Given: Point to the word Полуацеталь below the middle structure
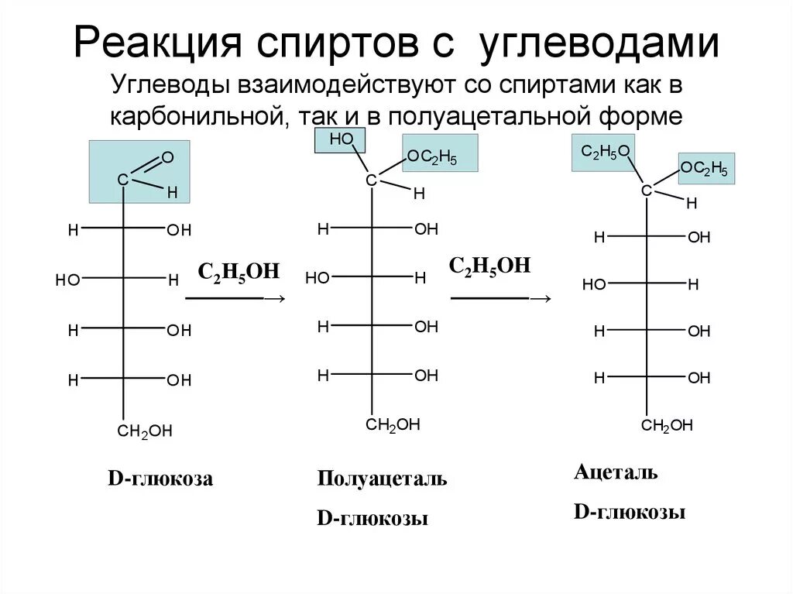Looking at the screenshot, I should tap(382, 478).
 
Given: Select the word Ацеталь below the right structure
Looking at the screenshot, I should tap(616, 472).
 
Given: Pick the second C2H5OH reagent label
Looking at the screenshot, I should tap(490, 266).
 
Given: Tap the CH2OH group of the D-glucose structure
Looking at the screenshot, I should tap(145, 431).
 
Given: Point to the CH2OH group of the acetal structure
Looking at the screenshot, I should tap(667, 425).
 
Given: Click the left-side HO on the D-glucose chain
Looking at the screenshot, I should tap(67, 280).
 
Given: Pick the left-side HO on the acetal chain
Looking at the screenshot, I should tap(594, 284).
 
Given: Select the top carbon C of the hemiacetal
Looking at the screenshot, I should tap(371, 180).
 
